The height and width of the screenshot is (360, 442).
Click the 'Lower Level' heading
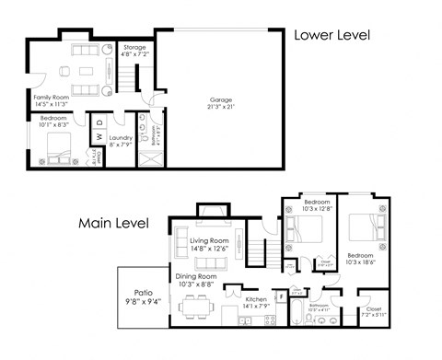pyautogui.click(x=331, y=36)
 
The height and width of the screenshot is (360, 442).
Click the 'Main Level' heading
pyautogui.click(x=115, y=223)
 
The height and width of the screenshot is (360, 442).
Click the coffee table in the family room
pyautogui.click(x=85, y=72)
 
